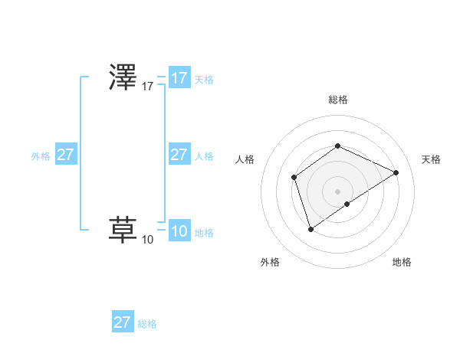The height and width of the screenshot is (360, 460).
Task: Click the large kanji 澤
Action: click(123, 78)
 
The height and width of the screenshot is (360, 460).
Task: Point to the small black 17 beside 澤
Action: click(148, 87)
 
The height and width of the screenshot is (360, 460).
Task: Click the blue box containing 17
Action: click(179, 78)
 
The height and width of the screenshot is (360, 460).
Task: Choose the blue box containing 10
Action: click(179, 231)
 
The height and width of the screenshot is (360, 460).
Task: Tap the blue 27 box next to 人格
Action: click(179, 155)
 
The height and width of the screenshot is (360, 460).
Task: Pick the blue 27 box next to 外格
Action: click(66, 155)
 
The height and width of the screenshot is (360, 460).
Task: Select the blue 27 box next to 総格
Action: click(123, 322)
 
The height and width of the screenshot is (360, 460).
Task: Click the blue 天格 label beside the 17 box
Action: click(204, 80)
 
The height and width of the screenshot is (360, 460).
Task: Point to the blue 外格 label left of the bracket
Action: click(41, 156)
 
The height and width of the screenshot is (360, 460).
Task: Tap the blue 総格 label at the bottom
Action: click(147, 324)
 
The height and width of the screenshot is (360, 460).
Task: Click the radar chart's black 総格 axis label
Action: click(337, 100)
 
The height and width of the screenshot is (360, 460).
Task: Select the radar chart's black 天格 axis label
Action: click(431, 159)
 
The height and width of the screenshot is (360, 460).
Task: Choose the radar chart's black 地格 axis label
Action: click(402, 262)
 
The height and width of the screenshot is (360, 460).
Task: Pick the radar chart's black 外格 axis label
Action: click(270, 262)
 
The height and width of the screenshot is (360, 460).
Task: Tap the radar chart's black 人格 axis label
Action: click(245, 159)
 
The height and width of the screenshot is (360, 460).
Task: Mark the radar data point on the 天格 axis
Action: click(396, 172)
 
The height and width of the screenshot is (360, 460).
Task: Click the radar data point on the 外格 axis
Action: click(310, 228)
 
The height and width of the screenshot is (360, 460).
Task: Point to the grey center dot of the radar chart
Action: click(337, 191)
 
